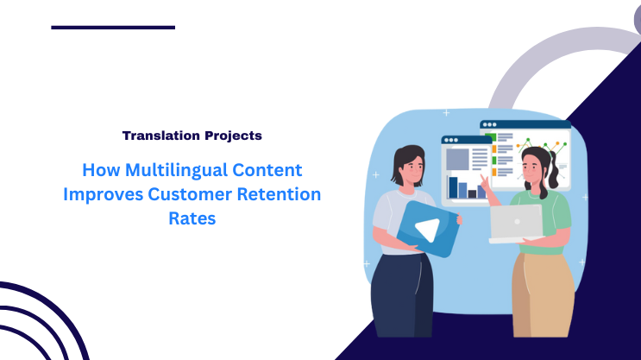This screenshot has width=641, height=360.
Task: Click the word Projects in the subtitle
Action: tap(230, 136)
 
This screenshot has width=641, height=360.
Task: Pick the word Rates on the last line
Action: tap(192, 218)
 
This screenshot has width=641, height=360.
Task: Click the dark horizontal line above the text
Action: tap(113, 28)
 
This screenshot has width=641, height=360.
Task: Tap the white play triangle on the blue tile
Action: tap(425, 229)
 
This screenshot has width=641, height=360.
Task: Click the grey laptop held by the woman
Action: tap(516, 222)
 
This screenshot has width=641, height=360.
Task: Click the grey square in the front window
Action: tap(457, 159)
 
